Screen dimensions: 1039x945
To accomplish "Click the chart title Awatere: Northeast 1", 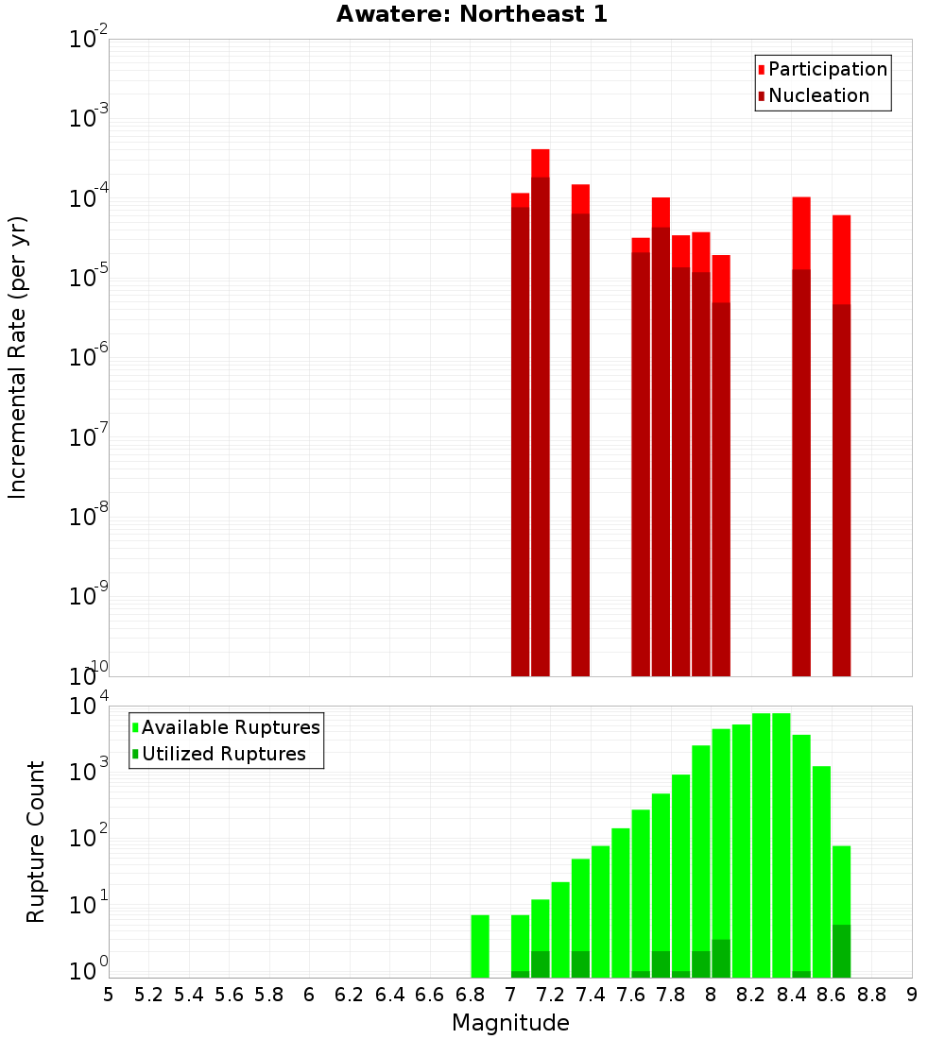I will [x=472, y=14].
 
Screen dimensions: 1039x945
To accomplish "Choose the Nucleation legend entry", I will [x=817, y=95].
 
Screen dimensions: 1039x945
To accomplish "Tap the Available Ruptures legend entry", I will [x=230, y=727].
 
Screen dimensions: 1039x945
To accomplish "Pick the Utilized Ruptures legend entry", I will [x=223, y=754].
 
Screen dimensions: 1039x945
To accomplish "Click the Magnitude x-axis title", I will [x=510, y=1023].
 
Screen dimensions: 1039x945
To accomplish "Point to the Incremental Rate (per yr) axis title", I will [x=18, y=357].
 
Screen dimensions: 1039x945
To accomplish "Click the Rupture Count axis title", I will [x=36, y=842].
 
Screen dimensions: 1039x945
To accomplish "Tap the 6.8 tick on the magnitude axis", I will [x=471, y=995].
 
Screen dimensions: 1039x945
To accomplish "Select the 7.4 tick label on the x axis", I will [x=591, y=995].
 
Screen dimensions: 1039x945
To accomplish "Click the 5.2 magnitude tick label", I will [x=149, y=995].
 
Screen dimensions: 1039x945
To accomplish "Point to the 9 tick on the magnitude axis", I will [x=912, y=995].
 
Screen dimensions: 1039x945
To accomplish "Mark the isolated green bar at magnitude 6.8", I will [x=480, y=945].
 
